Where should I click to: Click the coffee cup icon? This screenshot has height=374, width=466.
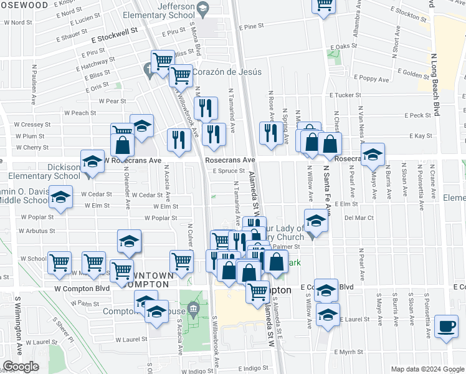(446, 326)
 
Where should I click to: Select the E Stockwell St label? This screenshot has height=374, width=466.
(116, 38)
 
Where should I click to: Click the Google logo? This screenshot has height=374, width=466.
(21, 367)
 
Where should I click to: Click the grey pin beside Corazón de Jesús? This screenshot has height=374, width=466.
(148, 70)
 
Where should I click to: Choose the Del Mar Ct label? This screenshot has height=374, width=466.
(359, 218)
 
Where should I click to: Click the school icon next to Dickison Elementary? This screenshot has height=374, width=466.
(92, 161)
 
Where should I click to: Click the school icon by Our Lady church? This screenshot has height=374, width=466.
(316, 221)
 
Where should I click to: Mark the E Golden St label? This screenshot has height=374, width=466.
(409, 74)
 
